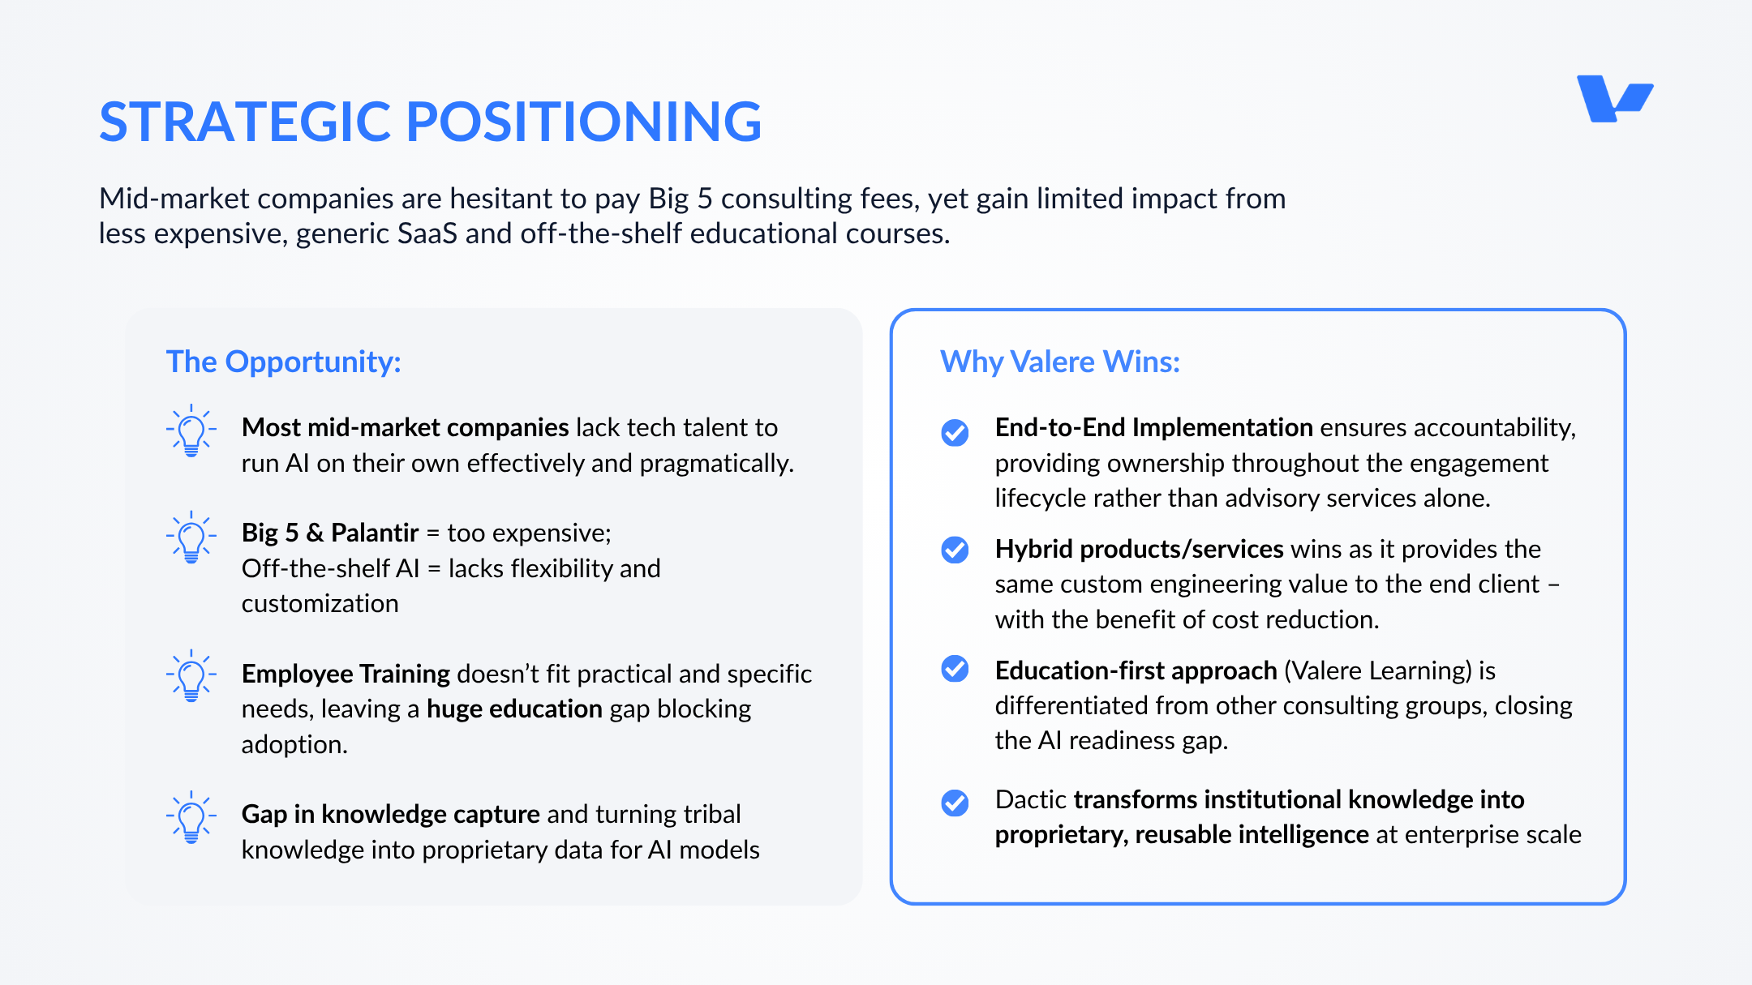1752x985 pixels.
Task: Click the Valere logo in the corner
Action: (x=1614, y=99)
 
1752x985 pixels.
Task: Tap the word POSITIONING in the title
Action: (x=584, y=122)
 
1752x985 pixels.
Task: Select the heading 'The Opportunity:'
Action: (x=284, y=362)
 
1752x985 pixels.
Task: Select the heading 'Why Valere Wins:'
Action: (x=1060, y=362)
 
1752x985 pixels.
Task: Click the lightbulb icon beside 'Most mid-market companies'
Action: (x=191, y=430)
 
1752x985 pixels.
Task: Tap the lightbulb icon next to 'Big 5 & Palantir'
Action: (x=191, y=537)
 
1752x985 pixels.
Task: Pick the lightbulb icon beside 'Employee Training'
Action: (x=191, y=675)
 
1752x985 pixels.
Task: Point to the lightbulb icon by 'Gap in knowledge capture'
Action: (x=191, y=817)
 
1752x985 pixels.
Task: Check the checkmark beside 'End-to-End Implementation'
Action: (x=955, y=433)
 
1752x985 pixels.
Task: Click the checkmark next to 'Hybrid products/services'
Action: (x=955, y=550)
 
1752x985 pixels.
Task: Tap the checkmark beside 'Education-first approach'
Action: (x=955, y=669)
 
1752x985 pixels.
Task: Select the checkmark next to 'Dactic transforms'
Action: (x=955, y=803)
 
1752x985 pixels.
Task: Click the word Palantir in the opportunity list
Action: (x=375, y=533)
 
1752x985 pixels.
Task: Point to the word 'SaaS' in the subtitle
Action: (x=427, y=233)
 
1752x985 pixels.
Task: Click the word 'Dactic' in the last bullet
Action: (x=1031, y=799)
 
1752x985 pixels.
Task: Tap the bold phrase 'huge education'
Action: (x=514, y=709)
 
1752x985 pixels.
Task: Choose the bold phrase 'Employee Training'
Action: (x=346, y=674)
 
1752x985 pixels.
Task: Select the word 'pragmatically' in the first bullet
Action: (x=716, y=464)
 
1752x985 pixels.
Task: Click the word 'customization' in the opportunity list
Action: (x=320, y=604)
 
